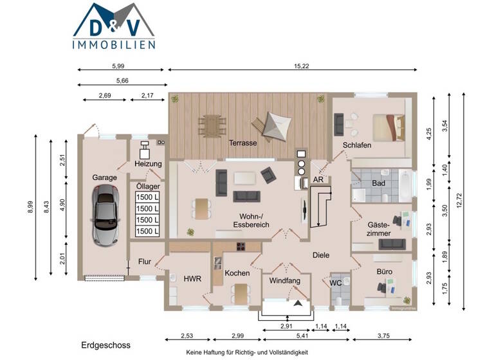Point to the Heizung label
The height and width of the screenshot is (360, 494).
click(x=148, y=164)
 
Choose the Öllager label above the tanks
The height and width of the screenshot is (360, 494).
click(x=148, y=186)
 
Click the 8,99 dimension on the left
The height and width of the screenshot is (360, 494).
click(x=30, y=208)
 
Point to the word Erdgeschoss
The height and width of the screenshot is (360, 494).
click(x=105, y=345)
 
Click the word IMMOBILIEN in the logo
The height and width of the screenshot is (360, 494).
click(x=113, y=44)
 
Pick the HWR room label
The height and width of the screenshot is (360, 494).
click(x=192, y=279)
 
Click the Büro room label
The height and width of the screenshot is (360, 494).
click(x=385, y=272)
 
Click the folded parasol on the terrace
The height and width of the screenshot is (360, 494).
click(x=271, y=125)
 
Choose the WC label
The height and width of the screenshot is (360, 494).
click(x=334, y=282)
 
